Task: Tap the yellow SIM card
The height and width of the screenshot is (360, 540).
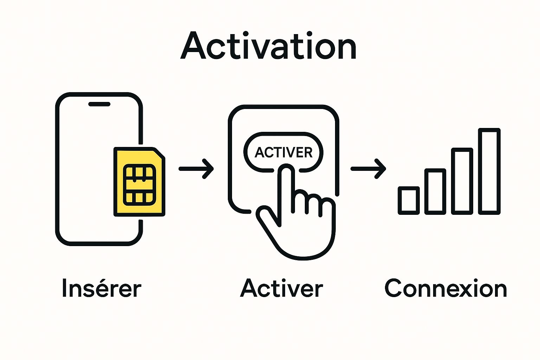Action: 139,181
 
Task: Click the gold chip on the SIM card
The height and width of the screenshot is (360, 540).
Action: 139,185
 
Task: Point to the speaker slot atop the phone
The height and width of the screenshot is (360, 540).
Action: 99,104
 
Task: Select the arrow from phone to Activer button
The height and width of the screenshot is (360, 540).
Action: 196,169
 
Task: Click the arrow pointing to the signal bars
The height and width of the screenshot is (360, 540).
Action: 368,169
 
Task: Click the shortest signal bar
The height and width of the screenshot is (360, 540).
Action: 409,200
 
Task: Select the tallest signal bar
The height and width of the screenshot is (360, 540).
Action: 489,171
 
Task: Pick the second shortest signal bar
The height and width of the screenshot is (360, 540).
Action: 435,192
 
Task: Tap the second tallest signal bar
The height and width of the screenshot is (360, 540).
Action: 462,181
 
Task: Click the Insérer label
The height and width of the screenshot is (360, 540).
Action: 101,289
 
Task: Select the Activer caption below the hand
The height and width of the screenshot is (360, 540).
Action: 281,289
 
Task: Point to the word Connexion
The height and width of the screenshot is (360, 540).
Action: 446,289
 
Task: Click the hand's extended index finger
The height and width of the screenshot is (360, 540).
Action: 287,190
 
